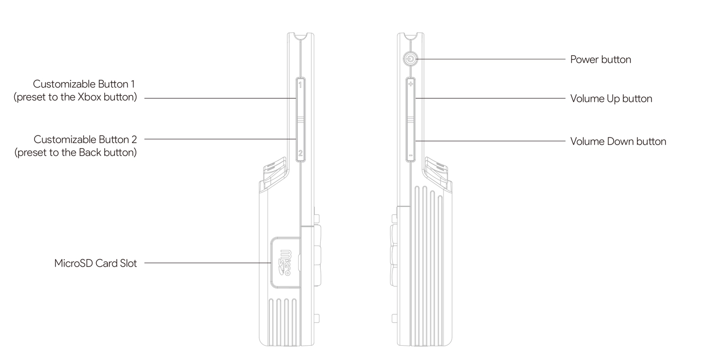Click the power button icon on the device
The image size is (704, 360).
click(x=410, y=59)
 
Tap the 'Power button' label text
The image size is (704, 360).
click(x=600, y=59)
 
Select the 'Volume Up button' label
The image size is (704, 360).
click(x=611, y=98)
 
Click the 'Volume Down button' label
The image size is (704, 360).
click(x=618, y=141)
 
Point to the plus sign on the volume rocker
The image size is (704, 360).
click(x=411, y=84)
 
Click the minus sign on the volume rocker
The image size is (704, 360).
click(x=411, y=156)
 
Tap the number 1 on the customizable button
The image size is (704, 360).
click(x=300, y=85)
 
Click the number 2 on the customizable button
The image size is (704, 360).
click(x=301, y=153)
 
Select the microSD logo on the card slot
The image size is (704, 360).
click(x=286, y=263)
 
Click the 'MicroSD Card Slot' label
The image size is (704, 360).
click(x=95, y=263)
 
